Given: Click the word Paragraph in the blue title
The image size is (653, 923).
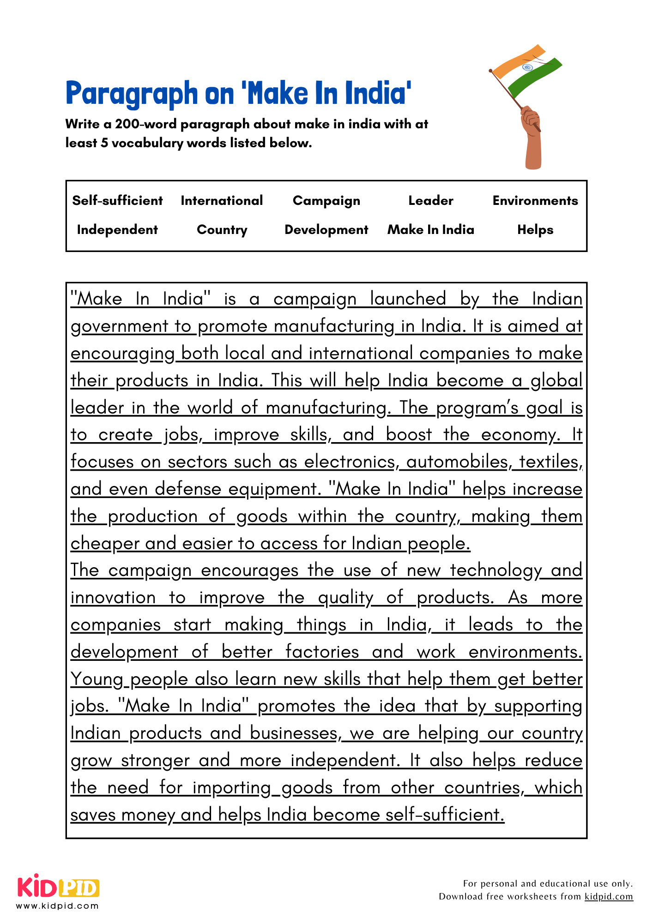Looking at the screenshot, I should click(x=132, y=94).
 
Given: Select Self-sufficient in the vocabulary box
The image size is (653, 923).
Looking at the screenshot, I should click(x=117, y=201).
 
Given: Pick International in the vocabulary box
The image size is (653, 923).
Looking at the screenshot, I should click(x=222, y=201).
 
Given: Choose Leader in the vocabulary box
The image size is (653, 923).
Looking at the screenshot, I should click(x=430, y=201).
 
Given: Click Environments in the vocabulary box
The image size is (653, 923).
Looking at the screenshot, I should click(x=535, y=201).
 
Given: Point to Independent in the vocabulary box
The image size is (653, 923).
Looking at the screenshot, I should click(x=117, y=230).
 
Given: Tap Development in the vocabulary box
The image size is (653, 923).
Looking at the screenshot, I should click(x=326, y=230).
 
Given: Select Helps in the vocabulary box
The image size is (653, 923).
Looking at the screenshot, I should click(x=535, y=230).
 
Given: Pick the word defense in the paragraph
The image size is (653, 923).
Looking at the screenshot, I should click(x=188, y=489).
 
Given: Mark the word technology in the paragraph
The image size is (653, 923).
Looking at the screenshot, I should click(x=496, y=570).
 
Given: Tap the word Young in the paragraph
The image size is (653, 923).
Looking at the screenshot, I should click(x=97, y=679).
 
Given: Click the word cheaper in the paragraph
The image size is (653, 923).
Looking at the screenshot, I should click(x=105, y=544).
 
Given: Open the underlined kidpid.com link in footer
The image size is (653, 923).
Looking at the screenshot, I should click(x=608, y=897).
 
